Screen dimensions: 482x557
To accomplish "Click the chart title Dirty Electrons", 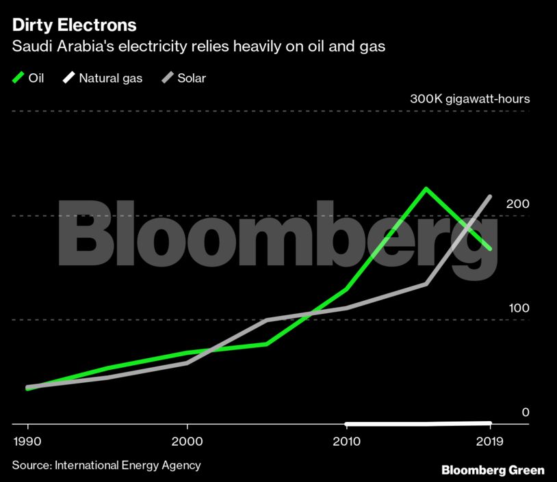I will (74, 26).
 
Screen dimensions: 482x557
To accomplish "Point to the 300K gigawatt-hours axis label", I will (469, 99).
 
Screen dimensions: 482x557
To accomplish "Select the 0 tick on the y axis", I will (526, 412).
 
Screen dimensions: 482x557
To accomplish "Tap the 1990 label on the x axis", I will (27, 442).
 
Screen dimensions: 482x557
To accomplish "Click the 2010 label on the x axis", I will (347, 442).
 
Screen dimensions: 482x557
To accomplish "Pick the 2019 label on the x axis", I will (490, 442).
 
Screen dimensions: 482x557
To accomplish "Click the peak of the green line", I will (426, 189).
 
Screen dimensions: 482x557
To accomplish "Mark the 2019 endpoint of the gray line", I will (490, 197).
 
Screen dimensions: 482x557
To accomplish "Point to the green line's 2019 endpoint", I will (490, 249).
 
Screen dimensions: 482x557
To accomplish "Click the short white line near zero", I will (417, 424).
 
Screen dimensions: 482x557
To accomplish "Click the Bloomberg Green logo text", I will (493, 470).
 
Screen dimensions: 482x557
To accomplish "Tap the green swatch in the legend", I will (18, 78).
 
